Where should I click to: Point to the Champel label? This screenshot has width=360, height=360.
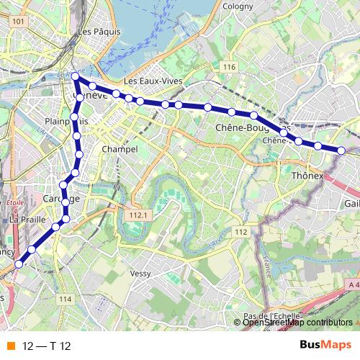pos(120,149)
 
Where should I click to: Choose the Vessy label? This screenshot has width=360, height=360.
pos(140,274)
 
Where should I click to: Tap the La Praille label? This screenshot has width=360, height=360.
pos(27,219)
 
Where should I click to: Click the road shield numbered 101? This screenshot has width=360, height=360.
pos(19,23)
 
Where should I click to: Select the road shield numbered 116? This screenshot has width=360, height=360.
pos(230,67)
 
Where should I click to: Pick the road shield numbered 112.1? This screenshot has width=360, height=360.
pos(135,215)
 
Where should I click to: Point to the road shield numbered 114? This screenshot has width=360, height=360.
pos(67,299)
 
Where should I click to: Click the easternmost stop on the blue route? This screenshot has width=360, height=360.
pos(341,150)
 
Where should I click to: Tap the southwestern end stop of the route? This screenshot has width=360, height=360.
pos(19,264)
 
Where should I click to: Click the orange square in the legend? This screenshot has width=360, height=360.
pos(10,346)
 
